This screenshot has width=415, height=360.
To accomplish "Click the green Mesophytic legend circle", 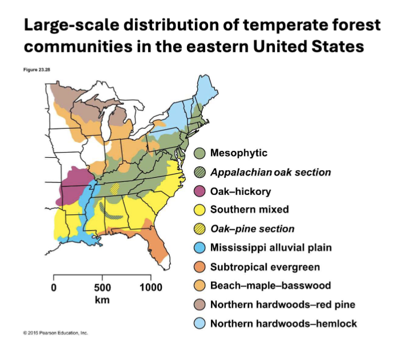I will (x=200, y=153).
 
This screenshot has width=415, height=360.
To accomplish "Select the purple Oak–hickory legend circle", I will (x=200, y=191).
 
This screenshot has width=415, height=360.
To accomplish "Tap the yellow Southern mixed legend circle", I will (x=200, y=210).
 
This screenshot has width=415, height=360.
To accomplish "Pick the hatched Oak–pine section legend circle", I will (x=200, y=229).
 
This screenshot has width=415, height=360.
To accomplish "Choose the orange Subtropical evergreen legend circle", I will (x=200, y=267).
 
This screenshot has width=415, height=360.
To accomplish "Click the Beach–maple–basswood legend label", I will (x=270, y=285).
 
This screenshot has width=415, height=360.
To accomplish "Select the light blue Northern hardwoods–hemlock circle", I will (x=200, y=324).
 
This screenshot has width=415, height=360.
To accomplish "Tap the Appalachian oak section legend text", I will (x=270, y=172).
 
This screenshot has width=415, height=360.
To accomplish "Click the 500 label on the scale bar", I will (x=102, y=287).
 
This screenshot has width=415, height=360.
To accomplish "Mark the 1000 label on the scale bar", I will (x=150, y=287).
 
